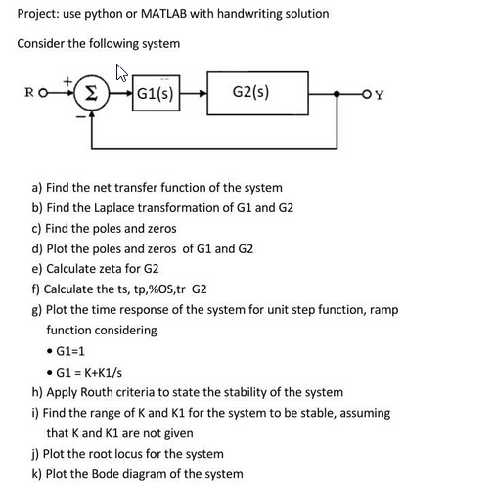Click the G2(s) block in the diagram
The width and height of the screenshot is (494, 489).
point(252,93)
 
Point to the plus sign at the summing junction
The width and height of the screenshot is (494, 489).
point(66,78)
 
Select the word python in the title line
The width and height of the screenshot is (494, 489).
point(109,13)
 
